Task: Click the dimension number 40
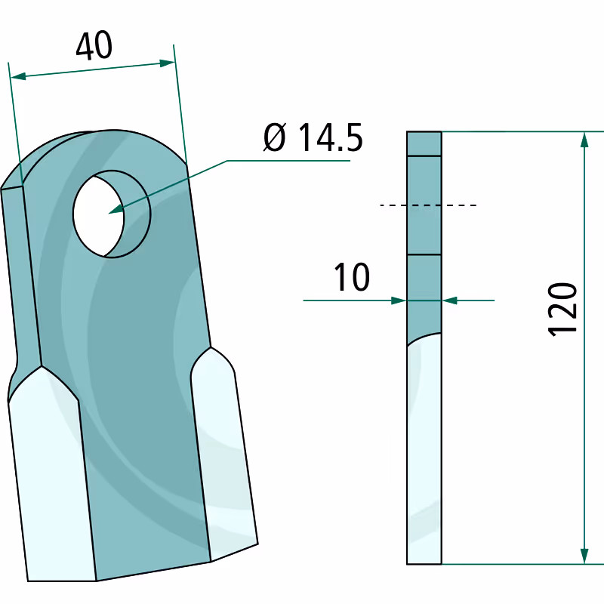tap(94, 45)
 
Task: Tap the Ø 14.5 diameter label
tap(313, 137)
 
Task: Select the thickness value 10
tap(352, 277)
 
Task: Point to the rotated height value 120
tap(562, 310)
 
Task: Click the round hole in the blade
tap(112, 214)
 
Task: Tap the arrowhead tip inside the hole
tap(109, 213)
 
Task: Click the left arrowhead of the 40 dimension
tap(17, 76)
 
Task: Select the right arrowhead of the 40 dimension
tap(167, 63)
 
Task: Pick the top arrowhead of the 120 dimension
tap(584, 140)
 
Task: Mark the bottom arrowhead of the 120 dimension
tap(584, 556)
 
